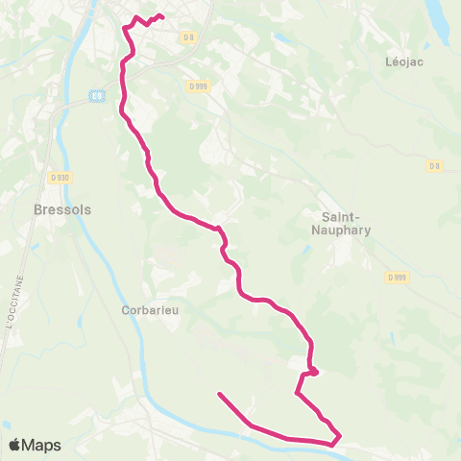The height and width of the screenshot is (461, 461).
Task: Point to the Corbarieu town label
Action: [x=151, y=310]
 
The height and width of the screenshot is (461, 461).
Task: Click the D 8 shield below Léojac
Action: [x=435, y=166]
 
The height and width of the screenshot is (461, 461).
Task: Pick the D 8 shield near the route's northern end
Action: [x=187, y=37]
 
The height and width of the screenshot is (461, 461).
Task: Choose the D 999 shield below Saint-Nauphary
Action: [x=398, y=277]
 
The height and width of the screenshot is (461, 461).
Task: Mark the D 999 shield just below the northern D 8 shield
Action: [x=197, y=85]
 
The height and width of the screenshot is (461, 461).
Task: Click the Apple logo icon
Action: [x=15, y=445]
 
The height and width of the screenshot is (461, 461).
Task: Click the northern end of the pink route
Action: [x=160, y=17]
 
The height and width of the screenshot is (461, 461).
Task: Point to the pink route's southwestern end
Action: [x=220, y=394]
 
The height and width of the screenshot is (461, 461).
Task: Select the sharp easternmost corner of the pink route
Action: [x=341, y=437]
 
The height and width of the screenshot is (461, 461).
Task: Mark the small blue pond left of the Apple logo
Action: [x=6, y=424]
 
